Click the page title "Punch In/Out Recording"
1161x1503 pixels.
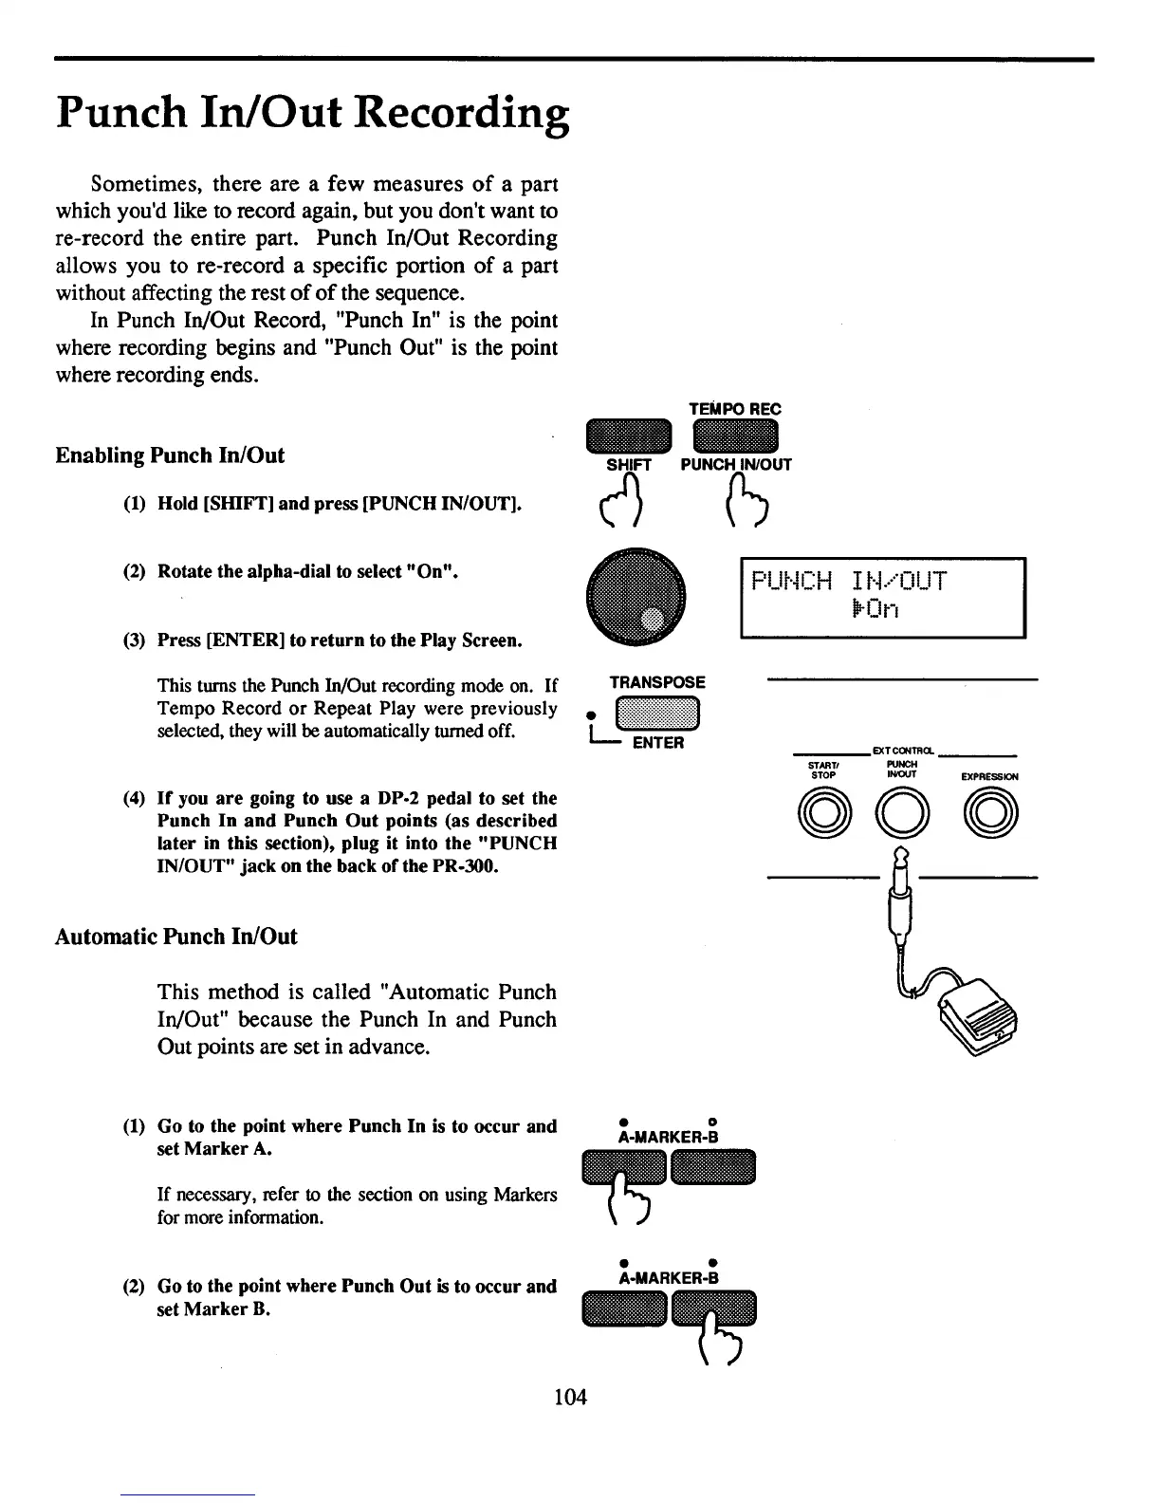pos(312,114)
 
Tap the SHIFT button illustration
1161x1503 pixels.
pos(629,436)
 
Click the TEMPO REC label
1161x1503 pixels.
pos(735,409)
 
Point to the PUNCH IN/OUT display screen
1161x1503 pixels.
pos(882,598)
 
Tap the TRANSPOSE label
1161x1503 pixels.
pos(657,682)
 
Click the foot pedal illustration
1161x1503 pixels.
pos(977,1025)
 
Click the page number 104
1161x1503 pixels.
pos(570,1397)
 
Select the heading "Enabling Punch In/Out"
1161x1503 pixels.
pos(170,455)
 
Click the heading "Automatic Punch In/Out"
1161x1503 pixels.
pos(175,937)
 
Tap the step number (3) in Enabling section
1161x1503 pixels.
pos(135,640)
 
